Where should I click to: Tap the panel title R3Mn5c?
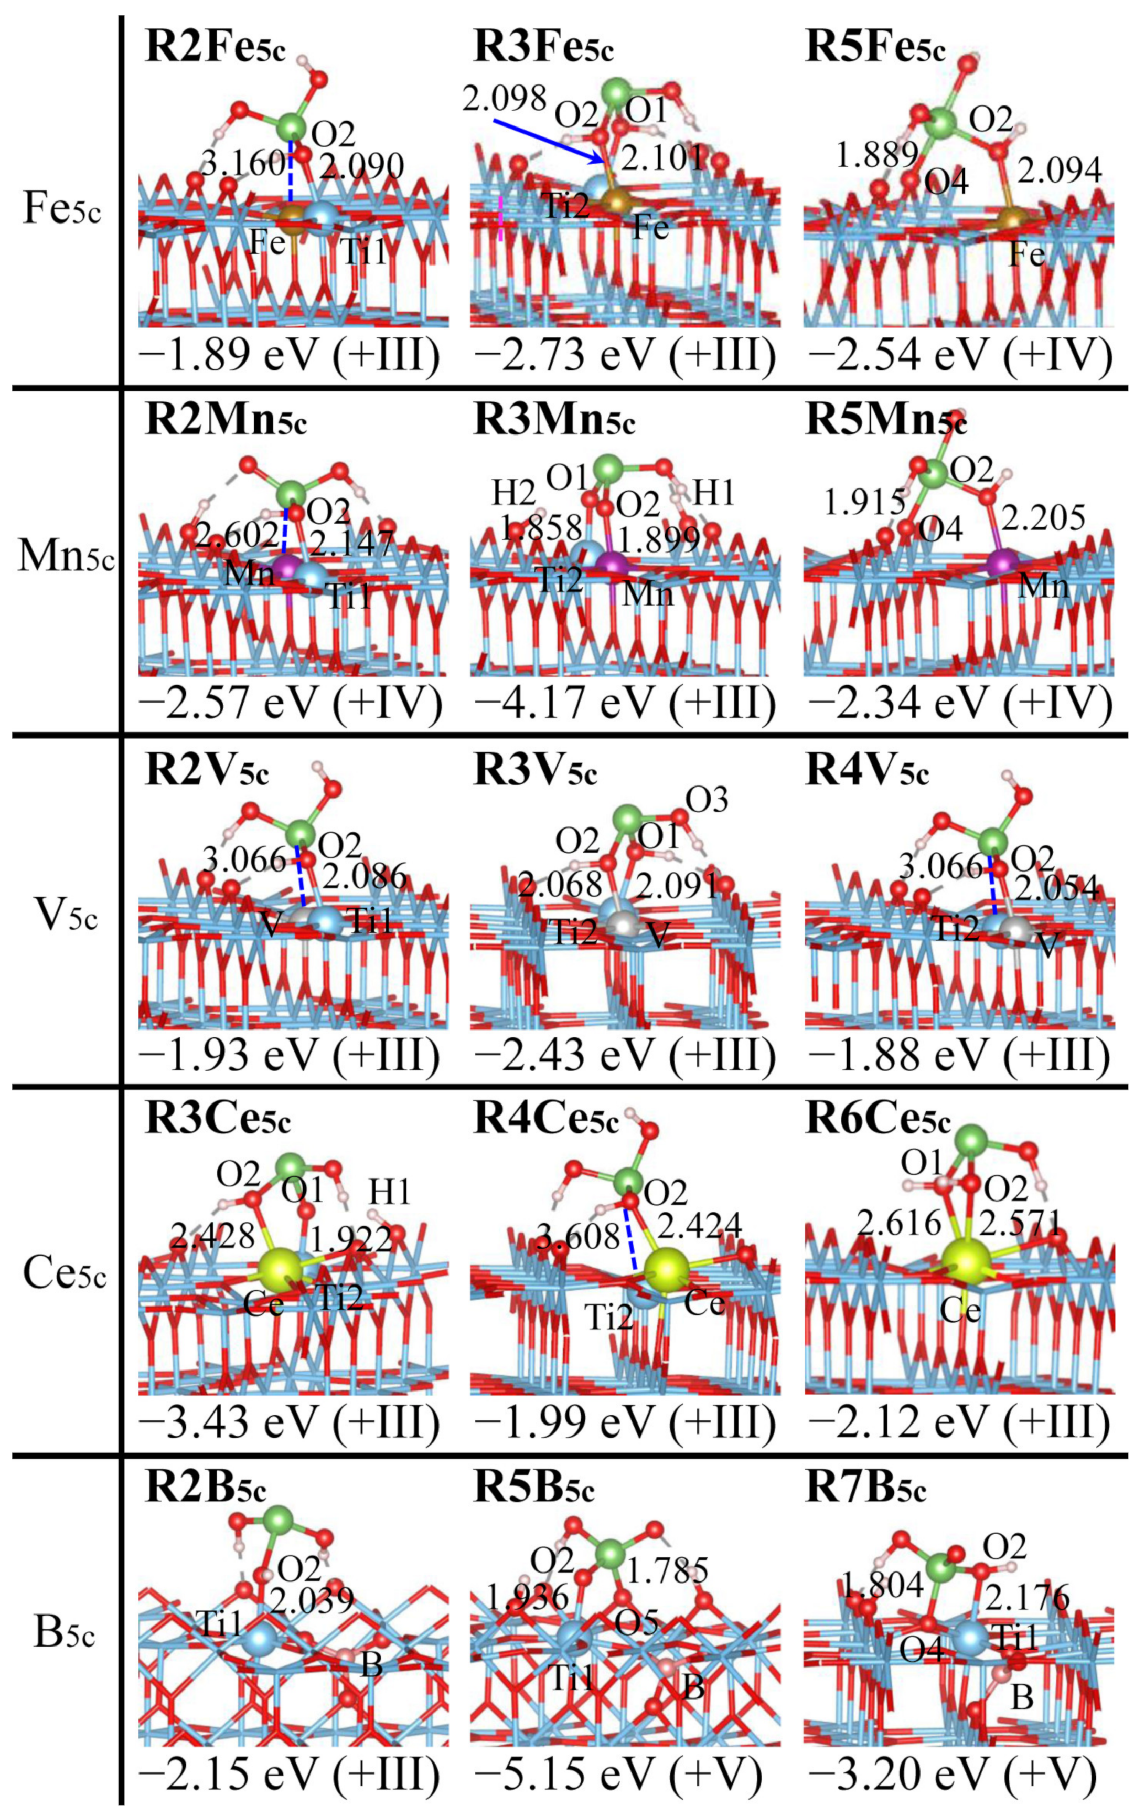click(x=554, y=421)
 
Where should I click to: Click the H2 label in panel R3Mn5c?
click(x=516, y=494)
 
